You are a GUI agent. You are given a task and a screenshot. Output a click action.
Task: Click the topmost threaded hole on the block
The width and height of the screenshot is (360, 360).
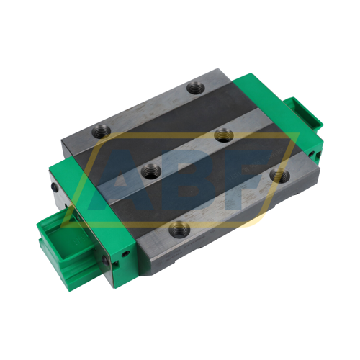coord(194,89)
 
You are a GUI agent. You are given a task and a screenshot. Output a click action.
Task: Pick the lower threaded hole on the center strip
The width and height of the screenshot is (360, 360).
coord(151,171)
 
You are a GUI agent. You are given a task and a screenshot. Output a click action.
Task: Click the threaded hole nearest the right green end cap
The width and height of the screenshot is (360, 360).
coord(277,174)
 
